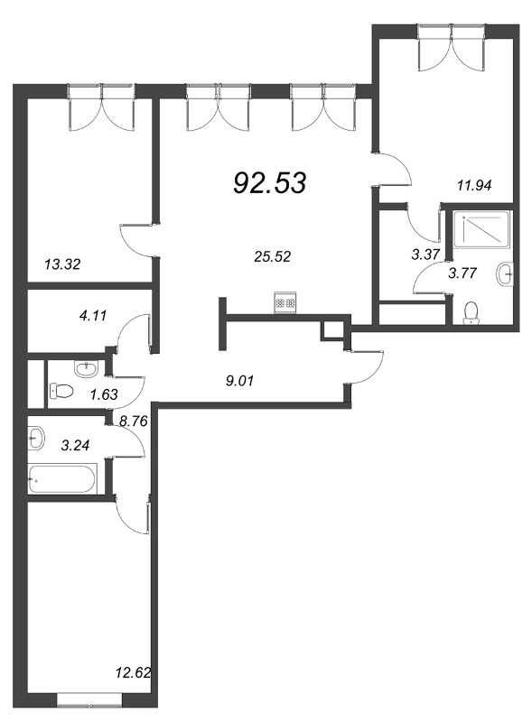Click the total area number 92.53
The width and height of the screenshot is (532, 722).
pos(270,183)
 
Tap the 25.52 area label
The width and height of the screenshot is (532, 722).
pos(273,256)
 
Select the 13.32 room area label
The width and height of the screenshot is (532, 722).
pos(62,264)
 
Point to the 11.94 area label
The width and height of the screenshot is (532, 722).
pos(474,186)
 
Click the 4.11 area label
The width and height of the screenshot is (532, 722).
pos(93,315)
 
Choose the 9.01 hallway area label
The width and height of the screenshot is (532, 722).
pos(240,381)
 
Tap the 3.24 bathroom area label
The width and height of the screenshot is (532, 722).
pos(75,445)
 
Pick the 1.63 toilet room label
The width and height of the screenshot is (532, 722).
pos(104,394)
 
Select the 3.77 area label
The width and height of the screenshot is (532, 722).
pos(462,273)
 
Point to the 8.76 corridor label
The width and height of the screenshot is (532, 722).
pos(134,421)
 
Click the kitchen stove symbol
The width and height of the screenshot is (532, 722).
pos(285,302)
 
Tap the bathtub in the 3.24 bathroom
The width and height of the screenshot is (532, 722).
pos(61,479)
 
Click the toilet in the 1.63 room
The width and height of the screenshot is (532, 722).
pos(61,392)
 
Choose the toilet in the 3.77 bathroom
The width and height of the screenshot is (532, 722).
pos(471,312)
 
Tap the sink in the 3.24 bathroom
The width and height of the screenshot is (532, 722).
pos(36,438)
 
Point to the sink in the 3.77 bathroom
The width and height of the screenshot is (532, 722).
pos(505,275)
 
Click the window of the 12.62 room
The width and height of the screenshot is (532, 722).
pos(90,700)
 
